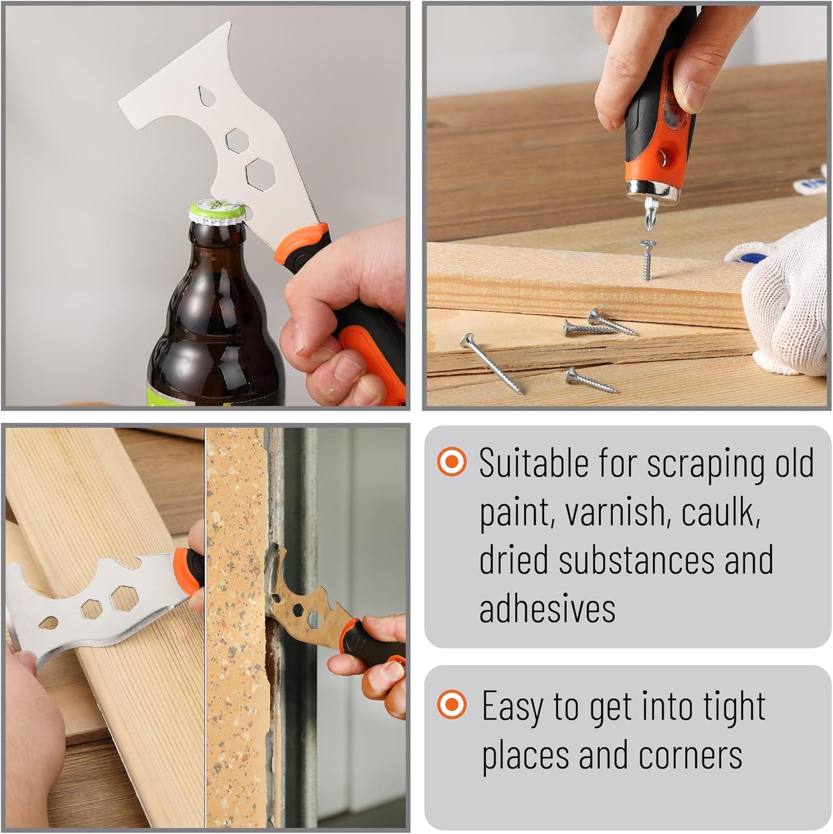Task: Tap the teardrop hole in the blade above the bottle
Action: tap(208, 96)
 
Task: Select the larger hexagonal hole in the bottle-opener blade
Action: tap(261, 174)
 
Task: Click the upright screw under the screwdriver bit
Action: tap(648, 260)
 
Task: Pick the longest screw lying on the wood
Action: tap(492, 363)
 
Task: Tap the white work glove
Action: tap(782, 299)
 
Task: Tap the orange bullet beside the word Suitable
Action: tap(452, 461)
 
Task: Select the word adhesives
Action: tap(548, 608)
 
